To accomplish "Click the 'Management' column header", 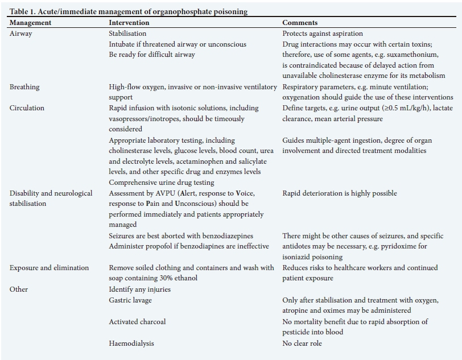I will [x=30, y=23].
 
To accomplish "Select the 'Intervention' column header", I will [x=129, y=23].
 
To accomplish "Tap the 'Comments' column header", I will [x=300, y=23].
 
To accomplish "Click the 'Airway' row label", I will [x=21, y=34].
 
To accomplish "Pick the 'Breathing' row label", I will [x=24, y=87].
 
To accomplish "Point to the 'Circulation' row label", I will [x=27, y=108].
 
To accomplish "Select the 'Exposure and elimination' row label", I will [x=49, y=268].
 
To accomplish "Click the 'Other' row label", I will [x=19, y=289].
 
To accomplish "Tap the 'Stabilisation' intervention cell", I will [x=127, y=34].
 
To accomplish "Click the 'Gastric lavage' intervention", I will [x=130, y=300].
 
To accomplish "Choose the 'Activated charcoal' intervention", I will [x=137, y=322].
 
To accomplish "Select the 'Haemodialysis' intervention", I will [x=131, y=344].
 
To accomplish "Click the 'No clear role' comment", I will [x=304, y=344].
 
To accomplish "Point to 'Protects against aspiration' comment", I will [x=323, y=34].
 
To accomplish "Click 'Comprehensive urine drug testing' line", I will [x=162, y=183].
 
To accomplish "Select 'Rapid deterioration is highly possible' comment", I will [x=340, y=193].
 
